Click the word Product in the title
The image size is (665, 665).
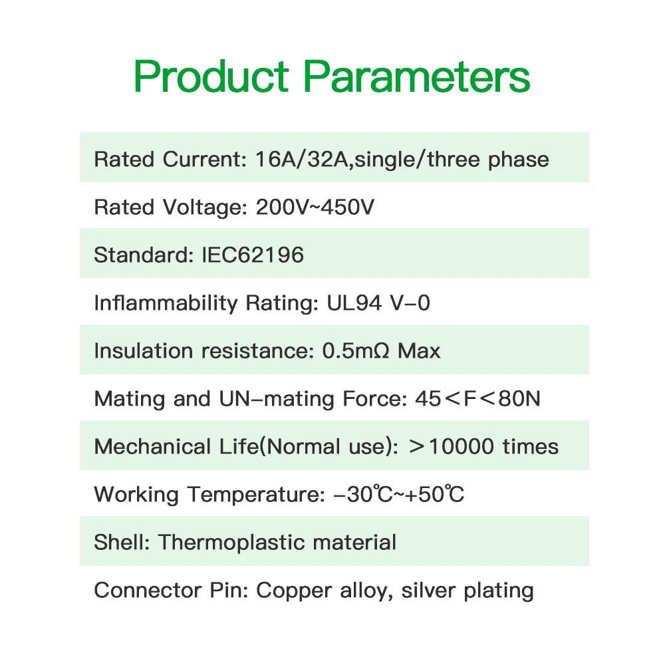[211, 76]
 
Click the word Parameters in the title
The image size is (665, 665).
[417, 76]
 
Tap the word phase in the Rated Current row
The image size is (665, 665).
[518, 160]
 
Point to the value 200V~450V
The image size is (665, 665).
[315, 207]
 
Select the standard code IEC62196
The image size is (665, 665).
[253, 255]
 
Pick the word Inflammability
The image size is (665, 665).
[166, 303]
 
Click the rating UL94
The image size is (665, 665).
[354, 303]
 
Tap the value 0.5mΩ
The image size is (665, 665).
[355, 350]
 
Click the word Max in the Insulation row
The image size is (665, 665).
[419, 350]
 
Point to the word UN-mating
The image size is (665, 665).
[276, 399]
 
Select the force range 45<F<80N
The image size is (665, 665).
[477, 398]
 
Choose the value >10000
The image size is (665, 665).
[452, 447]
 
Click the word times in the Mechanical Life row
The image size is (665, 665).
[531, 447]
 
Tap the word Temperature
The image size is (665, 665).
[256, 495]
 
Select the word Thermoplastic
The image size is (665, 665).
[231, 543]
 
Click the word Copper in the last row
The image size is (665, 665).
[294, 591]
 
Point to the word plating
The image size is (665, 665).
[499, 591]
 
